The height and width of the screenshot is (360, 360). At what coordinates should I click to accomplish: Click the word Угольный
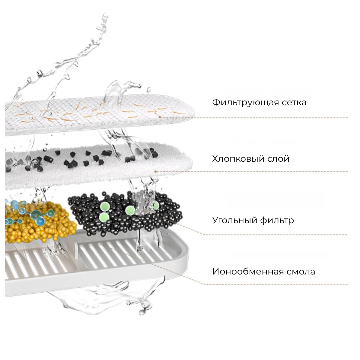[x=231, y=220]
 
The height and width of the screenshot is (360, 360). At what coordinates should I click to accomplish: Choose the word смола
[x=301, y=272]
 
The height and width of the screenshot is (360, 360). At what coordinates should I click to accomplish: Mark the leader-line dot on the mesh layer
[x=160, y=116]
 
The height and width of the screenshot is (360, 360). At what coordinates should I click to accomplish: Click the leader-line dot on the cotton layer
[x=155, y=171]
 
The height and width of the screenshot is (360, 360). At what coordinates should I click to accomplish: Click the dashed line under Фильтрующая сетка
[x=270, y=118]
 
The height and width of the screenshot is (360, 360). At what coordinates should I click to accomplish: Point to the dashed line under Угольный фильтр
[x=270, y=235]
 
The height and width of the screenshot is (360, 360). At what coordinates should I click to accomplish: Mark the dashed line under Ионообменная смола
[x=270, y=284]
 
